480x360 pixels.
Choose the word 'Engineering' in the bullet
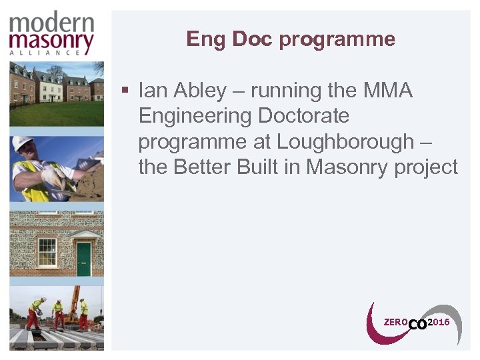195,116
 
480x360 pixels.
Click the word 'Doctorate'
303,116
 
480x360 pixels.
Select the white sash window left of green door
47,253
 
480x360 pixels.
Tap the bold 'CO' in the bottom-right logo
417,324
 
